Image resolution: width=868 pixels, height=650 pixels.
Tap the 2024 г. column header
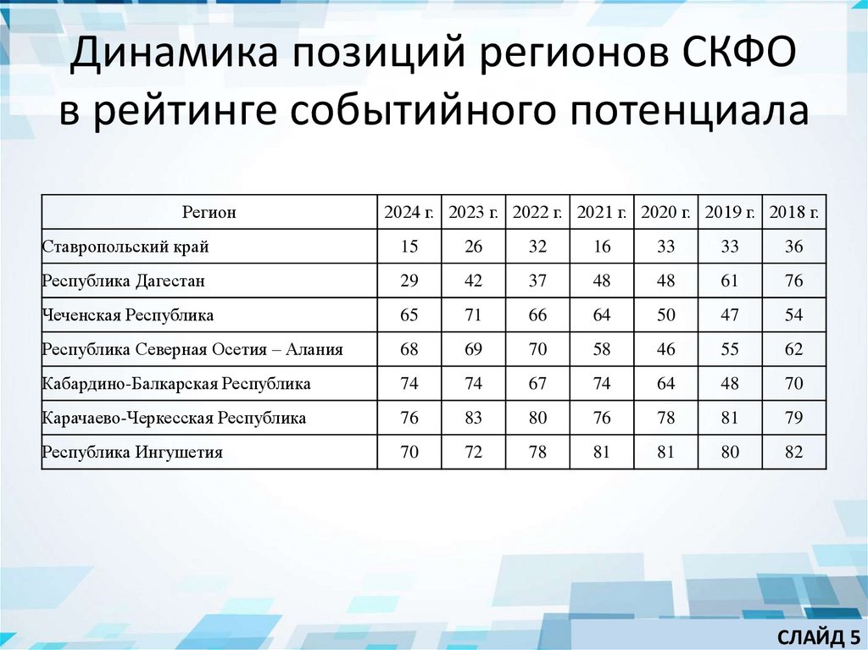[409, 213]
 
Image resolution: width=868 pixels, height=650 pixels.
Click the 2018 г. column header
[794, 213]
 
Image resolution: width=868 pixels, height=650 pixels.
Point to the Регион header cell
[209, 213]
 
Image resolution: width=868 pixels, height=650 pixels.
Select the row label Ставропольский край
[125, 247]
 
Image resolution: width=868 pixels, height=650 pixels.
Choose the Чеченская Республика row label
[127, 315]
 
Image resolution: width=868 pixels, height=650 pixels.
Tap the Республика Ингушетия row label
[132, 453]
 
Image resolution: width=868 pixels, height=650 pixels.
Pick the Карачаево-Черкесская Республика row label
[174, 419]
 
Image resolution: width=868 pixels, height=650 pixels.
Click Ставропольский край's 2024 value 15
[409, 247]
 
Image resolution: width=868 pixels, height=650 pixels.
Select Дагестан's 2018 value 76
[794, 281]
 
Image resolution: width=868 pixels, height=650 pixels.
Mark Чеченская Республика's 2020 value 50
[666, 315]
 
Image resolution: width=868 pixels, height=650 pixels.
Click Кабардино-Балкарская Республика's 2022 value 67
[537, 384]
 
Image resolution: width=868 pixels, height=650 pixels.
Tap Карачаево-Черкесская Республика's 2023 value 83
[474, 419]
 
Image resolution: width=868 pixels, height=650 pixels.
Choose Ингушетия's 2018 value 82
[794, 453]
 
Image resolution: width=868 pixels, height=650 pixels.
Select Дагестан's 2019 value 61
[730, 281]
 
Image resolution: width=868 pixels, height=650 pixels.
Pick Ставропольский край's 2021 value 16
[602, 247]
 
